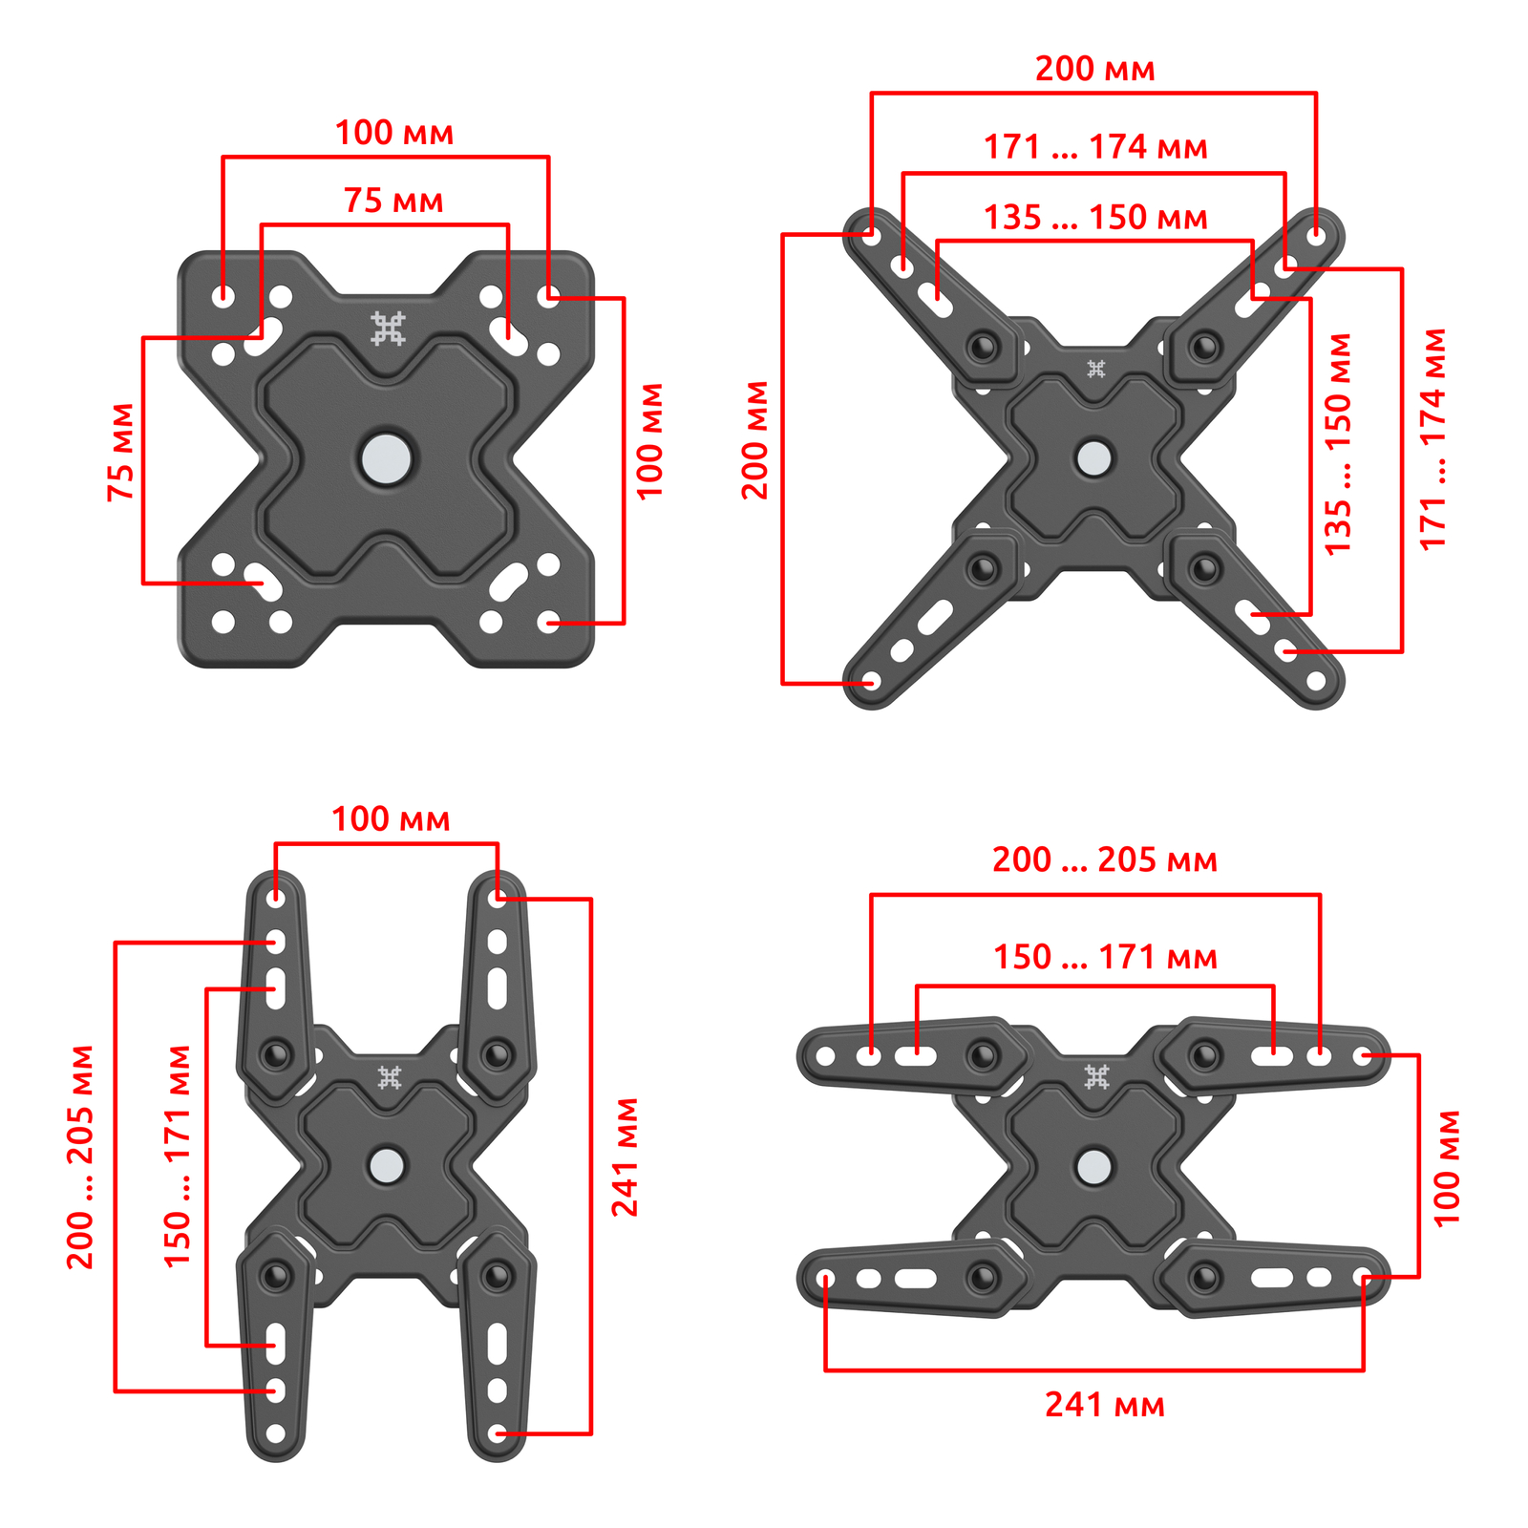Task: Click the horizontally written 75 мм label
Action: pyautogui.click(x=393, y=201)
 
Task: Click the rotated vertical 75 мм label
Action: pyautogui.click(x=121, y=453)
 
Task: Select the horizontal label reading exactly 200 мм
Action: pyautogui.click(x=1095, y=69)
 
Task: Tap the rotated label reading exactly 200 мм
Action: pyautogui.click(x=755, y=440)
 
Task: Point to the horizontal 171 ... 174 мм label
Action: pyautogui.click(x=1096, y=147)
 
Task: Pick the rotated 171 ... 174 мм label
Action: pyautogui.click(x=1433, y=439)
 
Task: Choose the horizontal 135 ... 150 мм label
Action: pyautogui.click(x=1096, y=218)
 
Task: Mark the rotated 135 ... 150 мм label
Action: pyautogui.click(x=1338, y=444)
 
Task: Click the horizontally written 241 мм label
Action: pyautogui.click(x=1105, y=1405)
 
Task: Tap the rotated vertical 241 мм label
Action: pyautogui.click(x=626, y=1157)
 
